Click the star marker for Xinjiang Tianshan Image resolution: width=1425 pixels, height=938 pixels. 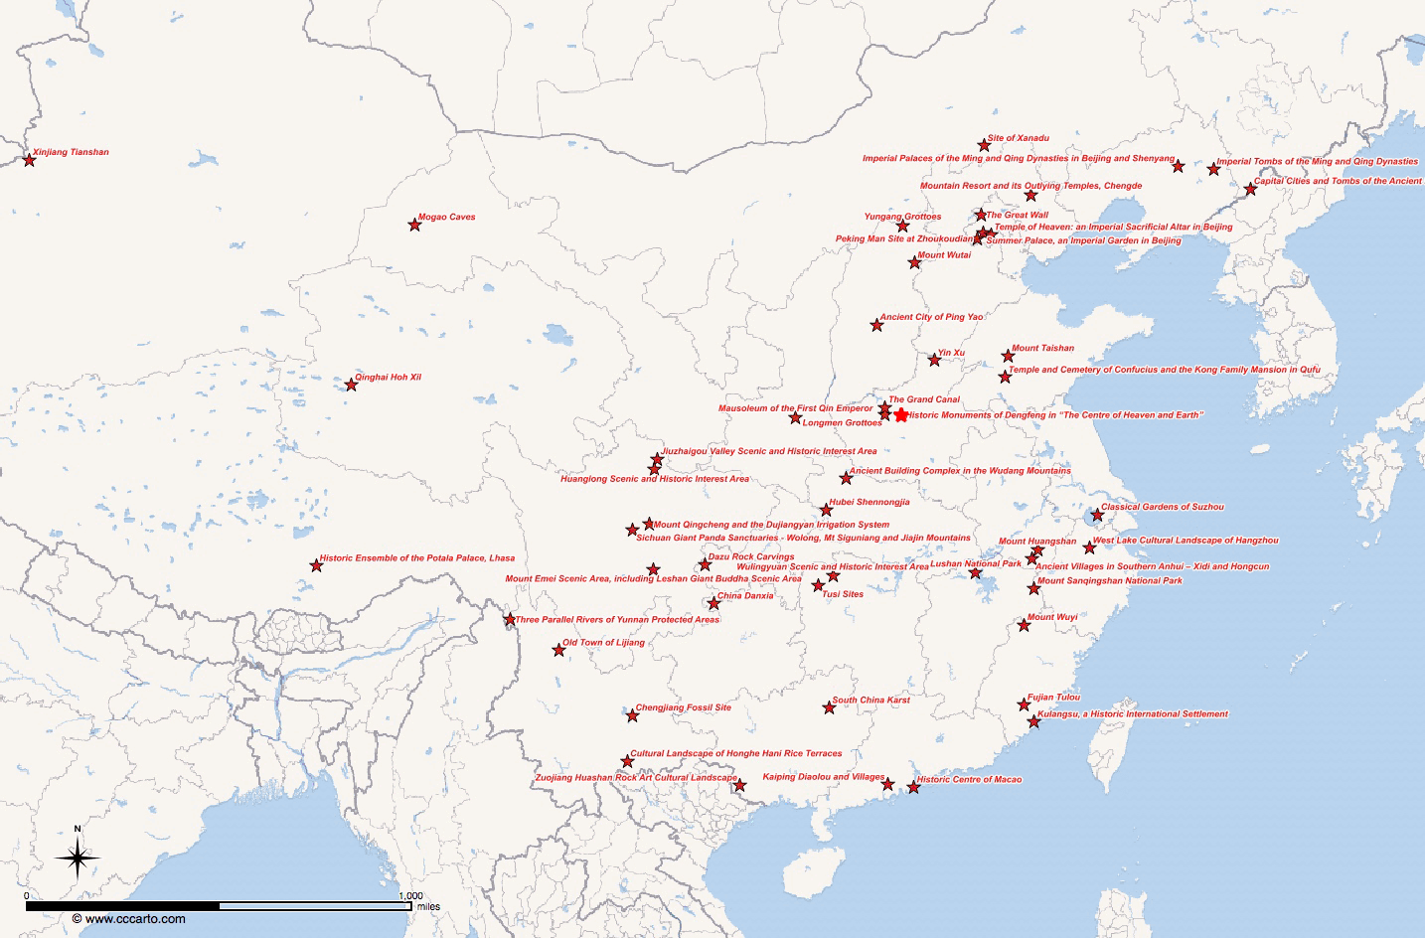tap(29, 160)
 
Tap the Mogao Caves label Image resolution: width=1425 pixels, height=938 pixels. tap(446, 217)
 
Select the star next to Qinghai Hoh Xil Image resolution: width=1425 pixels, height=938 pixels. tap(351, 385)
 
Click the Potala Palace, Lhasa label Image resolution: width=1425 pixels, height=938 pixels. tap(417, 558)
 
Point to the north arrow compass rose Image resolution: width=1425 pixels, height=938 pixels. tap(78, 857)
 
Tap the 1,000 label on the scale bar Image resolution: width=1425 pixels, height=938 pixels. tap(410, 896)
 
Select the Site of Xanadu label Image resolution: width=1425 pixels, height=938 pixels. tap(1018, 138)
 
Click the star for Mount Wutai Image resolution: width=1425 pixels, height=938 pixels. tap(914, 262)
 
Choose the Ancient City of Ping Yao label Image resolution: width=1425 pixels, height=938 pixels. tap(931, 317)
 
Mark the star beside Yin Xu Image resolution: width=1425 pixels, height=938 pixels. tap(934, 360)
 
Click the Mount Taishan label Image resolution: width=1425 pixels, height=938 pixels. tap(1042, 349)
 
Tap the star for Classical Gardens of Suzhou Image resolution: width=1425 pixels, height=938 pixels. tap(1097, 515)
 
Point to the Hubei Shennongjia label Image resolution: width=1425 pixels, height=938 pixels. tap(869, 503)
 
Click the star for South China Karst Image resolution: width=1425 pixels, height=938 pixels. tap(829, 707)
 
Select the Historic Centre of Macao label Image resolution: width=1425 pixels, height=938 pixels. tap(969, 780)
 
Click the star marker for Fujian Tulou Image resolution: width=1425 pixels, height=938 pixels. tap(1024, 704)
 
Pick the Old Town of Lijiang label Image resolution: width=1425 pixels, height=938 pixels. tap(603, 643)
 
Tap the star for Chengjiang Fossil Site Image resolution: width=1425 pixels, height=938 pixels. tap(632, 715)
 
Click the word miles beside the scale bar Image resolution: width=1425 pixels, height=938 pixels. tap(428, 906)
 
